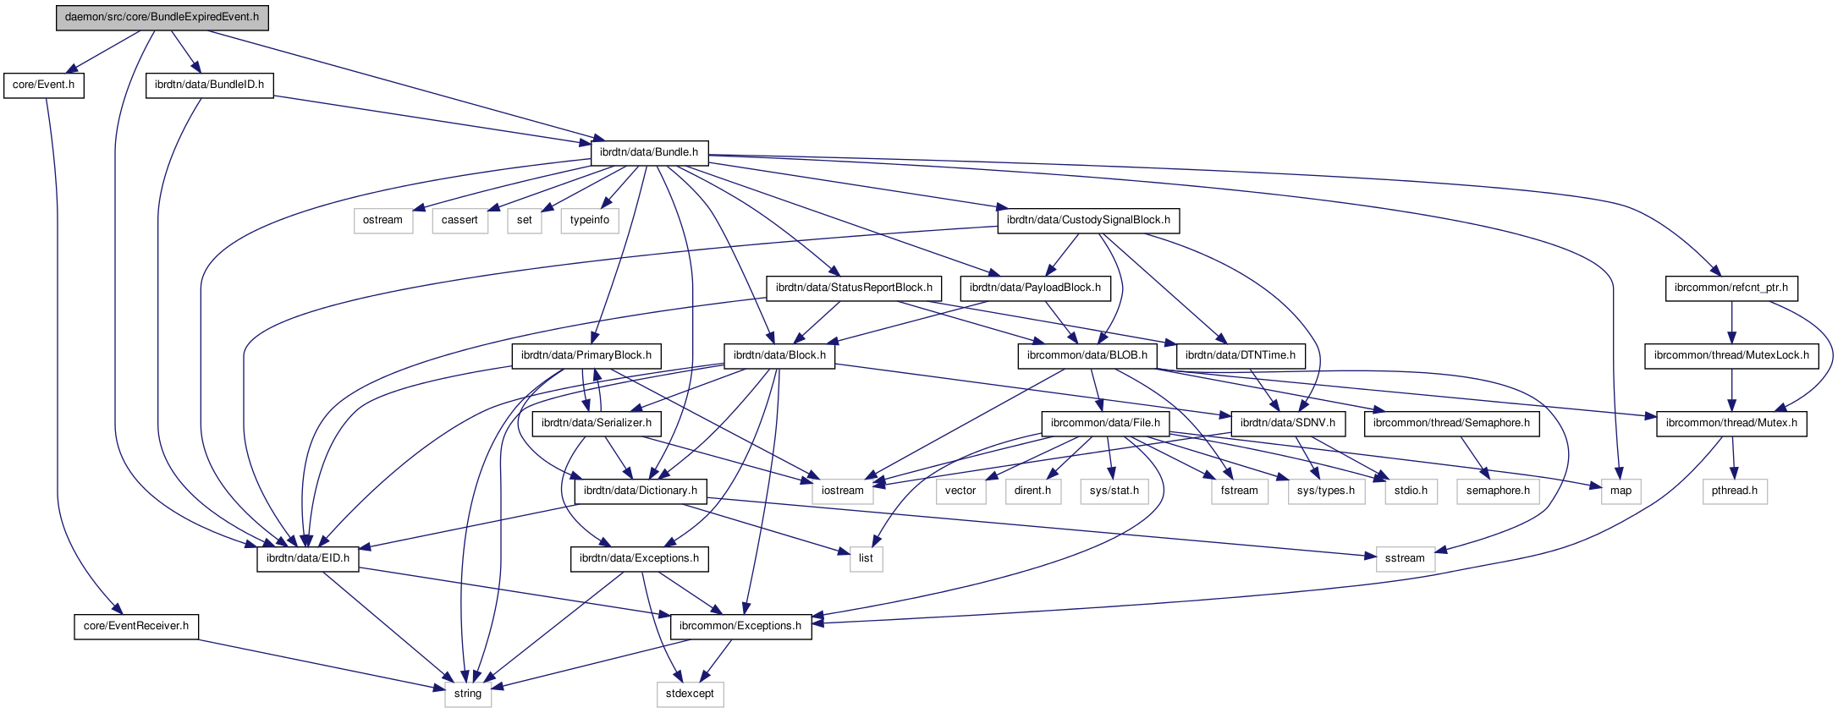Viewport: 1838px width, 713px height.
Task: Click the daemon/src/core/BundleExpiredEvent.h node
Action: [x=162, y=17]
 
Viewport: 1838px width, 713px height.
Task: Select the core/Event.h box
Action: [x=43, y=85]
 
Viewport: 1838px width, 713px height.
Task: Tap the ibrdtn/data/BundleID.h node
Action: [x=209, y=85]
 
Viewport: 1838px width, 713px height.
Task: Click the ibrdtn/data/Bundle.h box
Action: [x=649, y=152]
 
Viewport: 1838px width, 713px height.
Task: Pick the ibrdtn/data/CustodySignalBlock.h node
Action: [x=1087, y=220]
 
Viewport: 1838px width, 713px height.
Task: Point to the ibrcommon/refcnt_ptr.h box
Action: [x=1731, y=288]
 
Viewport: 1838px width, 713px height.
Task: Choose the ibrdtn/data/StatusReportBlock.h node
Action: [x=854, y=288]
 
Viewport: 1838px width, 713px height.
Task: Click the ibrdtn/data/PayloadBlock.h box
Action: [x=1035, y=288]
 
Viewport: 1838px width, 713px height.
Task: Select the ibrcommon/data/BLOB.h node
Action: [x=1087, y=355]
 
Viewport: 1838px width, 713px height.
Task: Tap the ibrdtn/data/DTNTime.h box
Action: [x=1241, y=355]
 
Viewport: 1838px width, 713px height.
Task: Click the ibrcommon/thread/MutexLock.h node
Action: [x=1731, y=355]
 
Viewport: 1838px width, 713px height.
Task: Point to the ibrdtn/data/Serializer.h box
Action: [x=597, y=423]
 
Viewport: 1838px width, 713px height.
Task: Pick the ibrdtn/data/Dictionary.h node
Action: [x=641, y=491]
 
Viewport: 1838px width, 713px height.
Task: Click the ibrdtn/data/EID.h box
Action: [x=307, y=558]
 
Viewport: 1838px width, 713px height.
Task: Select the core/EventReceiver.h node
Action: [x=136, y=626]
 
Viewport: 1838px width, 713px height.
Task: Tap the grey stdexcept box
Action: [x=690, y=694]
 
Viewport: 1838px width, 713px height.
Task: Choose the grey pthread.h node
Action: [x=1734, y=491]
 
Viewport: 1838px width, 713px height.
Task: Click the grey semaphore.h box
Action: [x=1498, y=491]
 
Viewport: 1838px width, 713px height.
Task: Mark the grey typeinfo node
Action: [x=589, y=220]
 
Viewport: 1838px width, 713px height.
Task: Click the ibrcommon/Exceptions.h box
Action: [x=740, y=626]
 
